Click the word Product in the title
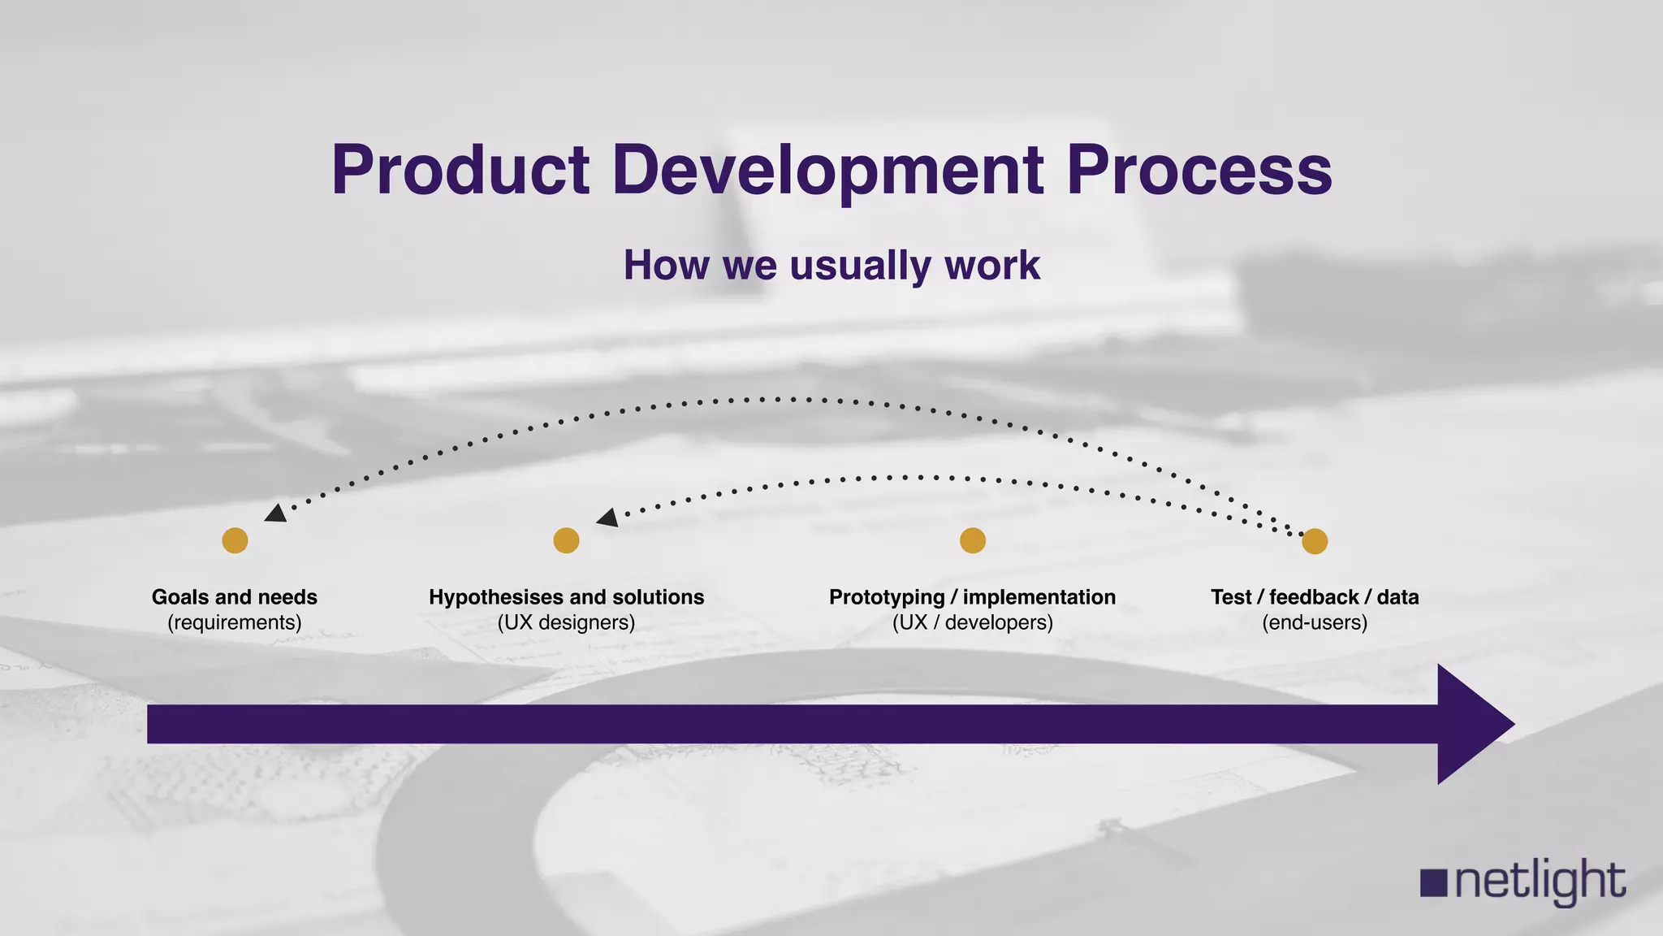[x=460, y=171]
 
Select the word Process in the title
[x=1199, y=171]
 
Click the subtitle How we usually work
[x=831, y=266]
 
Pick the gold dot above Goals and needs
[x=235, y=540]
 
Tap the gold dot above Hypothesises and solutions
[x=566, y=540]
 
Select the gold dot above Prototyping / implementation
[x=973, y=540]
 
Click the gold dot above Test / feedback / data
[x=1315, y=540]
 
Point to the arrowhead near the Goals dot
[x=276, y=513]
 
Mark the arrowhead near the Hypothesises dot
[x=607, y=518]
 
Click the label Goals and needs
[x=235, y=597]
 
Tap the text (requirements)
[x=235, y=623]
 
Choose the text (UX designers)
[x=566, y=623]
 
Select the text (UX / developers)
[x=973, y=623]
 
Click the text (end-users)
[x=1315, y=623]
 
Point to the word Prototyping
[x=887, y=597]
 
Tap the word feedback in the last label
[x=1314, y=597]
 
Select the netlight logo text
[x=1540, y=882]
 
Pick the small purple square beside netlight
[x=1434, y=883]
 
